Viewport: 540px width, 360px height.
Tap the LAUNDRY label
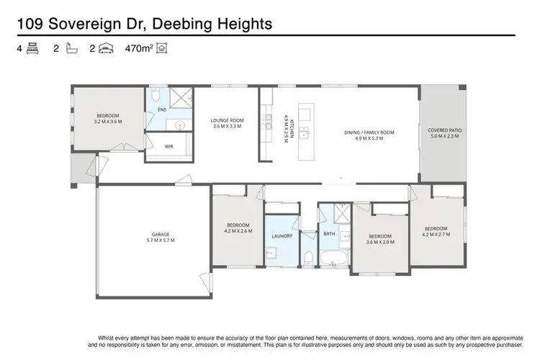[280, 236]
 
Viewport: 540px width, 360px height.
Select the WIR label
[169, 146]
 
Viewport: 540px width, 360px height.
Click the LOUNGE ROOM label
[227, 120]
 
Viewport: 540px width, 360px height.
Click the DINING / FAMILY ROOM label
[367, 132]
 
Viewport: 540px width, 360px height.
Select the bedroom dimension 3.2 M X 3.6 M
[109, 122]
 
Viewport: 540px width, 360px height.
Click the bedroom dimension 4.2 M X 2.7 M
[436, 234]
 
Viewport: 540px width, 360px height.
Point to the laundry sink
[271, 253]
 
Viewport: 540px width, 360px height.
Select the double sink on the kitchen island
[305, 132]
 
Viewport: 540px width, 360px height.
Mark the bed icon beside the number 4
[32, 49]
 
